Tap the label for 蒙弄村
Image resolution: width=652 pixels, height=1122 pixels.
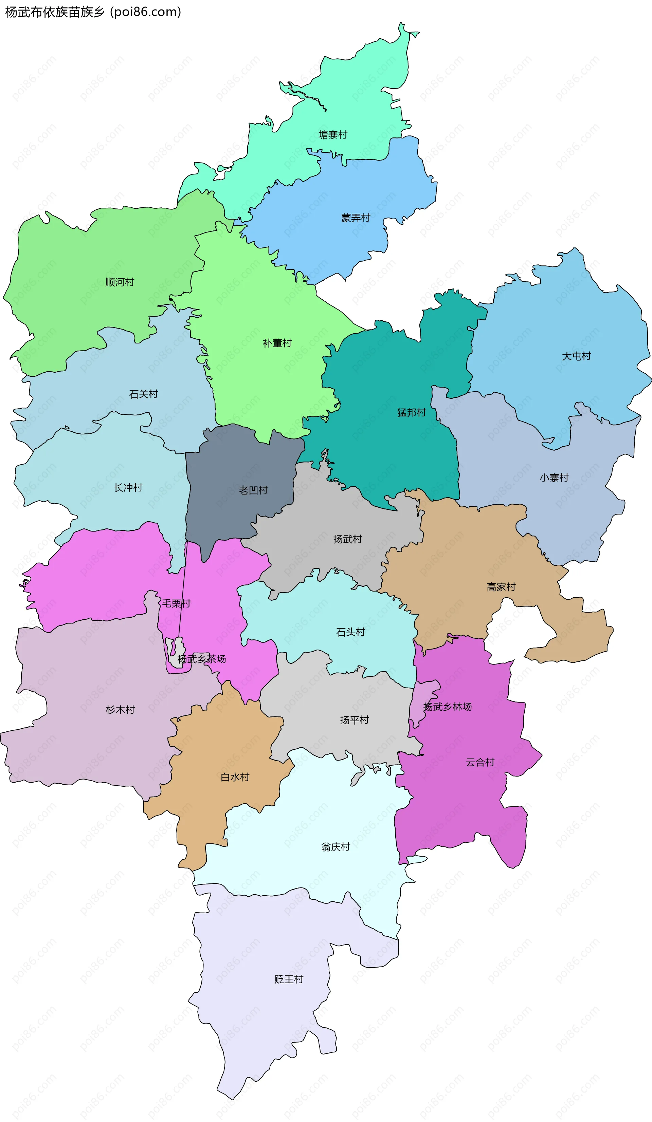(x=356, y=218)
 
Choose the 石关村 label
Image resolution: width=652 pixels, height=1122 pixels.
(x=143, y=394)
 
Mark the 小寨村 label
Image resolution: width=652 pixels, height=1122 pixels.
(x=554, y=478)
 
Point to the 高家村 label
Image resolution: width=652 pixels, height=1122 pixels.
(x=501, y=587)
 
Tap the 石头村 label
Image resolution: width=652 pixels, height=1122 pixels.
(x=350, y=632)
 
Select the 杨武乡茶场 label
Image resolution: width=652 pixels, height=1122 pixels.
(x=201, y=659)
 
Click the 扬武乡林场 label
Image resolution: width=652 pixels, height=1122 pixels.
(x=447, y=707)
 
